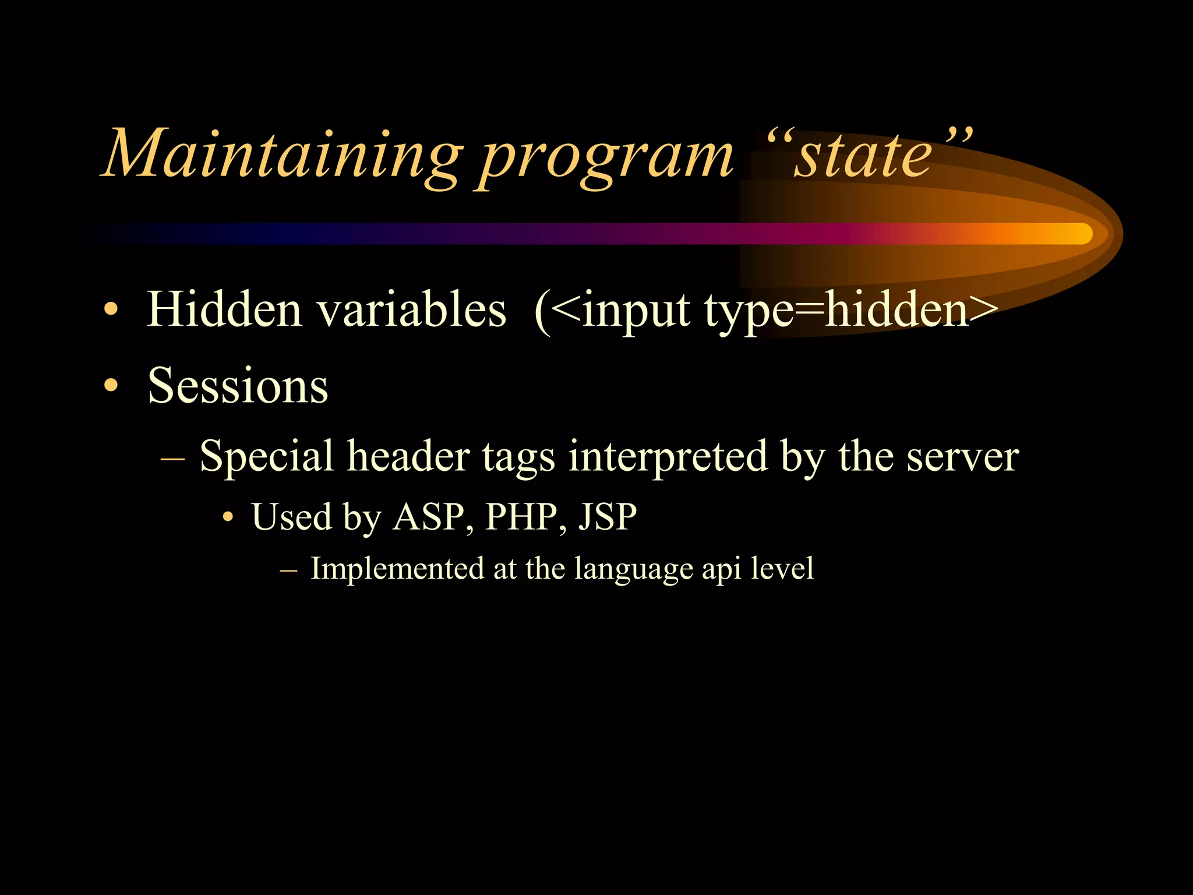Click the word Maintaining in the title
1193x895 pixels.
click(x=282, y=154)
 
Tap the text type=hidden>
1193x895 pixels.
click(x=850, y=311)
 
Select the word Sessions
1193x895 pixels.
click(x=238, y=386)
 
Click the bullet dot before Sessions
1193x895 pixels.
click(x=111, y=386)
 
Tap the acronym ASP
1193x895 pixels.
click(x=429, y=517)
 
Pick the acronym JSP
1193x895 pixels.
click(x=608, y=517)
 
